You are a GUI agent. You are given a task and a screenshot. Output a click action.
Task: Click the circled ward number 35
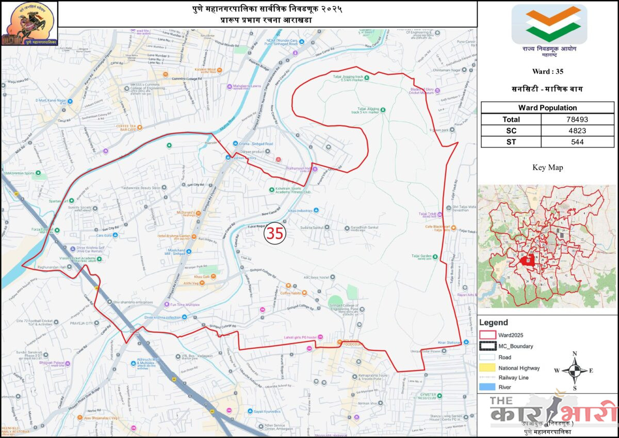pyautogui.click(x=274, y=233)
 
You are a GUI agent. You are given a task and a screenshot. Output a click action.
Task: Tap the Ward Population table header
pyautogui.click(x=547, y=108)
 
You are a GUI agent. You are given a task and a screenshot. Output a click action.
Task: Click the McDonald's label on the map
pyautogui.click(x=189, y=212)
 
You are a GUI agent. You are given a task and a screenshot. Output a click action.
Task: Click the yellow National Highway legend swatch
pyautogui.click(x=487, y=368)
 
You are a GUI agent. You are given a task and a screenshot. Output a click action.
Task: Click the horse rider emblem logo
pyautogui.click(x=29, y=23)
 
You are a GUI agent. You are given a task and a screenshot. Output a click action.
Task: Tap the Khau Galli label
pyautogui.click(x=203, y=278)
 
